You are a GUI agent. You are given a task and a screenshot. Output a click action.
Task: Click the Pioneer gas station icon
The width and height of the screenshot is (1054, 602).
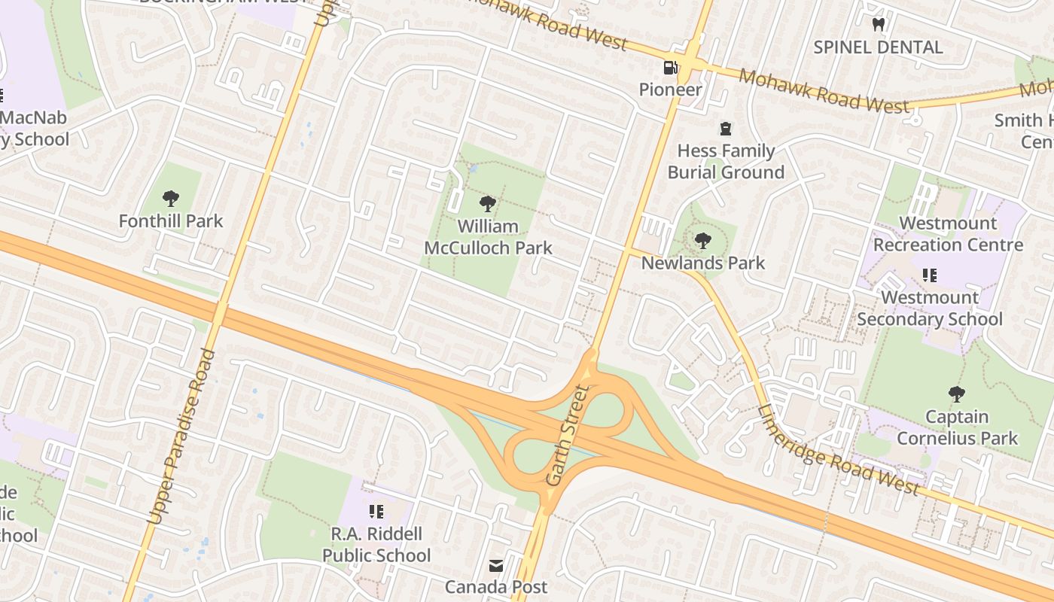pyautogui.click(x=669, y=68)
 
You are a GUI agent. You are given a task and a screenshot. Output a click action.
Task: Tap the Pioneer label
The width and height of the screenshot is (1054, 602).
pyautogui.click(x=670, y=90)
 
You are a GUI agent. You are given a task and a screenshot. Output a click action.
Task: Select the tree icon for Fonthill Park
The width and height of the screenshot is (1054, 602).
pyautogui.click(x=171, y=199)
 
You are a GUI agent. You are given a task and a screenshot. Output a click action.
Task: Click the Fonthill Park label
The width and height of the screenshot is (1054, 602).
pyautogui.click(x=171, y=221)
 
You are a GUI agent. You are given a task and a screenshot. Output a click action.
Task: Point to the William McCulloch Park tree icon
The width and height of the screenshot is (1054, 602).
pyautogui.click(x=488, y=203)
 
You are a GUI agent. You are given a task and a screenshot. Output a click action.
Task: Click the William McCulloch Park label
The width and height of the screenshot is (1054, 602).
pyautogui.click(x=488, y=237)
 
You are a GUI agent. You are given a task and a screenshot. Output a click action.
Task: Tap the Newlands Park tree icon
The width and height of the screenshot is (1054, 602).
pyautogui.click(x=702, y=242)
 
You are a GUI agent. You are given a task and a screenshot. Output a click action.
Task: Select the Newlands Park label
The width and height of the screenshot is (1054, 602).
pyautogui.click(x=702, y=263)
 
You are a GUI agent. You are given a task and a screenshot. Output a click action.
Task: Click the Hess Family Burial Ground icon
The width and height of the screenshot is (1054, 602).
pyautogui.click(x=725, y=129)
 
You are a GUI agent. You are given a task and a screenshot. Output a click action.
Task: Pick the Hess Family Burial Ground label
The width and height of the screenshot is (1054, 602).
pyautogui.click(x=726, y=162)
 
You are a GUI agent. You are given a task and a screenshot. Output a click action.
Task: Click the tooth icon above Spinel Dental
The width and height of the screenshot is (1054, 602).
pyautogui.click(x=878, y=25)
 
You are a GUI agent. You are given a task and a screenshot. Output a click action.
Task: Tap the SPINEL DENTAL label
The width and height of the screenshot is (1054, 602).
pyautogui.click(x=878, y=47)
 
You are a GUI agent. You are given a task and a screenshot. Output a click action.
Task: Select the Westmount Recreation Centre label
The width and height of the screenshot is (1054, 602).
pyautogui.click(x=948, y=234)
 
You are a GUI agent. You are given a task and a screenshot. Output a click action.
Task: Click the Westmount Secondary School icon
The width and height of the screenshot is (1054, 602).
pyautogui.click(x=929, y=275)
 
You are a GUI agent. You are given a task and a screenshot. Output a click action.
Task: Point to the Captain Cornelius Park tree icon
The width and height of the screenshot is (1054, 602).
pyautogui.click(x=956, y=394)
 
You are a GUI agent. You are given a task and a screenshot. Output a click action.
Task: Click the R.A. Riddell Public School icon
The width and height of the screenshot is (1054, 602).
pyautogui.click(x=376, y=512)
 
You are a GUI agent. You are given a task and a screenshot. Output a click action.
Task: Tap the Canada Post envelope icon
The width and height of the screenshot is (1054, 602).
pyautogui.click(x=496, y=565)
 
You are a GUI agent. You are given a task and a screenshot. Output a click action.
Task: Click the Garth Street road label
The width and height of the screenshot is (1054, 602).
pyautogui.click(x=566, y=434)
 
